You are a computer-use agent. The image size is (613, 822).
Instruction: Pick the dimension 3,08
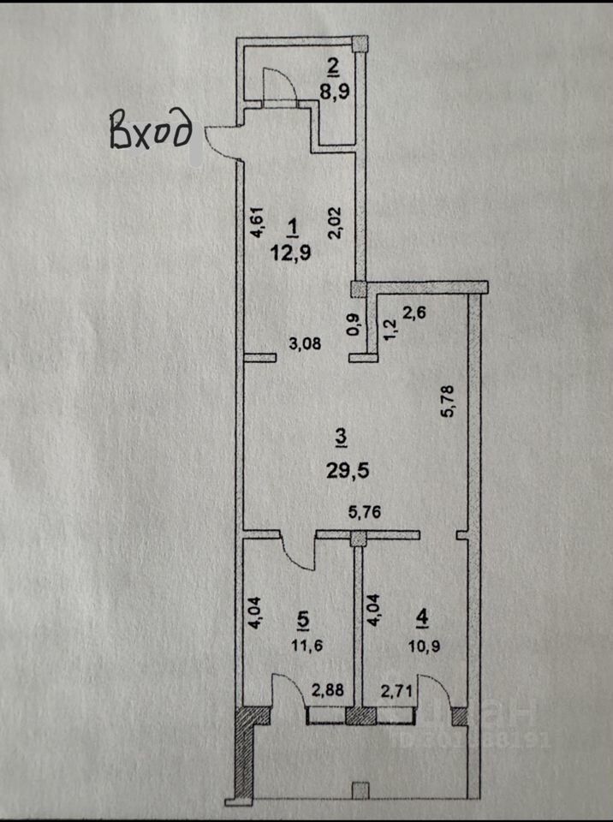coord(306,345)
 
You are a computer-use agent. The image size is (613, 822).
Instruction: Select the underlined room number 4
coord(420,616)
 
